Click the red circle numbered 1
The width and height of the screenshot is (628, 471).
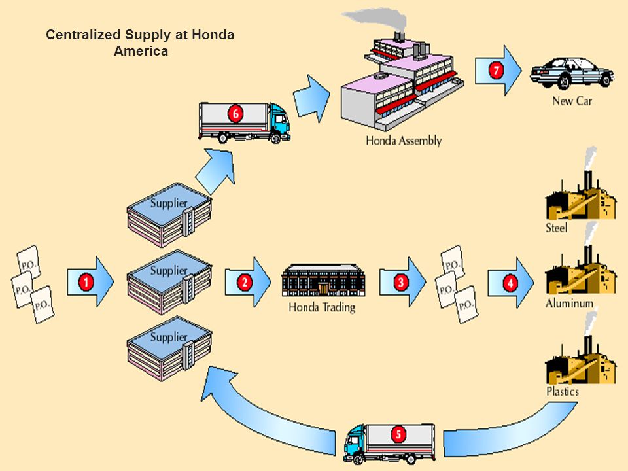[x=86, y=282]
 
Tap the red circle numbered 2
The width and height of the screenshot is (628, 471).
[x=244, y=282]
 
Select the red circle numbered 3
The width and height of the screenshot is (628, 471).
[x=400, y=282]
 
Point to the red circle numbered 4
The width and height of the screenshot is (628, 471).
[x=510, y=283]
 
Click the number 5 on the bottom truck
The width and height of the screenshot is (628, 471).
[x=398, y=434]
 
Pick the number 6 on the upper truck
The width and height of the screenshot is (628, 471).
[x=235, y=114]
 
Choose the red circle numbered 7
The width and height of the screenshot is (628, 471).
[x=496, y=71]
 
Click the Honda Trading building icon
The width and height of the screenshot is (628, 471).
[x=323, y=280]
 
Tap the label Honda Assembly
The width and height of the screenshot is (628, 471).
[x=404, y=141]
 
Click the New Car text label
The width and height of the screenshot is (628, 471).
[x=572, y=101]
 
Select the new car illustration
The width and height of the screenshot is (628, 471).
[x=572, y=73]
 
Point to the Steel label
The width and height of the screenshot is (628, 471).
[x=556, y=228]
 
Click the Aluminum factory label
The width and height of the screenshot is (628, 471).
[x=569, y=303]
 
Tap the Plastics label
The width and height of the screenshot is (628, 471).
[x=563, y=391]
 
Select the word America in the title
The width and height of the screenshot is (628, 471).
[x=141, y=51]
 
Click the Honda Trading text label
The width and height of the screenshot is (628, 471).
[x=322, y=307]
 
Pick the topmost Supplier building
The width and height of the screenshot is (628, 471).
[x=169, y=215]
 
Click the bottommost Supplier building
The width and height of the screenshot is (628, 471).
[x=169, y=349]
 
